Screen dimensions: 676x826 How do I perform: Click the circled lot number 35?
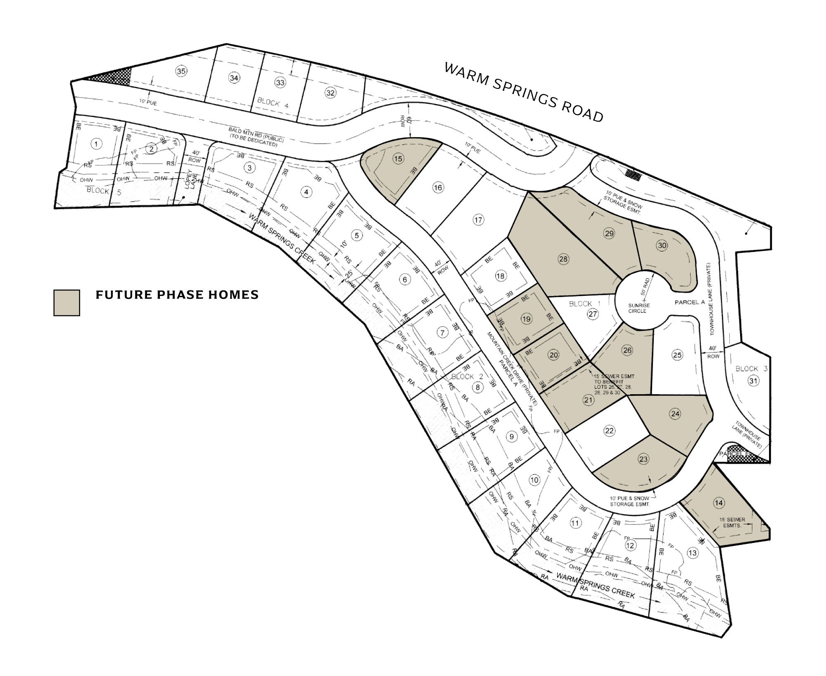pos(181,71)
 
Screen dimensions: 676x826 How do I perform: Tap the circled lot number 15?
pos(398,159)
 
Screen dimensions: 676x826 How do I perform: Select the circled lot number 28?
pos(563,259)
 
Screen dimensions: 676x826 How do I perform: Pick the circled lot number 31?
pos(753,381)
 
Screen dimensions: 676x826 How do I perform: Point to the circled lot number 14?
pos(719,502)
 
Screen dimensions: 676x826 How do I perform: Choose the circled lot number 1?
pos(96,144)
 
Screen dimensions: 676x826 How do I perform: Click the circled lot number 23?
pos(643,459)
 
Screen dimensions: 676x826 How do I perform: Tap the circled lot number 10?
pos(534,480)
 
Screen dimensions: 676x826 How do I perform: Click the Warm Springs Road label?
pos(524,93)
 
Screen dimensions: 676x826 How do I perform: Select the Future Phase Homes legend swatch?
pos(66,302)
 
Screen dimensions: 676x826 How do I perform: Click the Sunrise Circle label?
pos(639,308)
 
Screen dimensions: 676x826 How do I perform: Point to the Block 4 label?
pos(273,102)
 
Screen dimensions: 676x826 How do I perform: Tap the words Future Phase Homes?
pos(177,295)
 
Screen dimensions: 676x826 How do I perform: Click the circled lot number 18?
pos(500,276)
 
